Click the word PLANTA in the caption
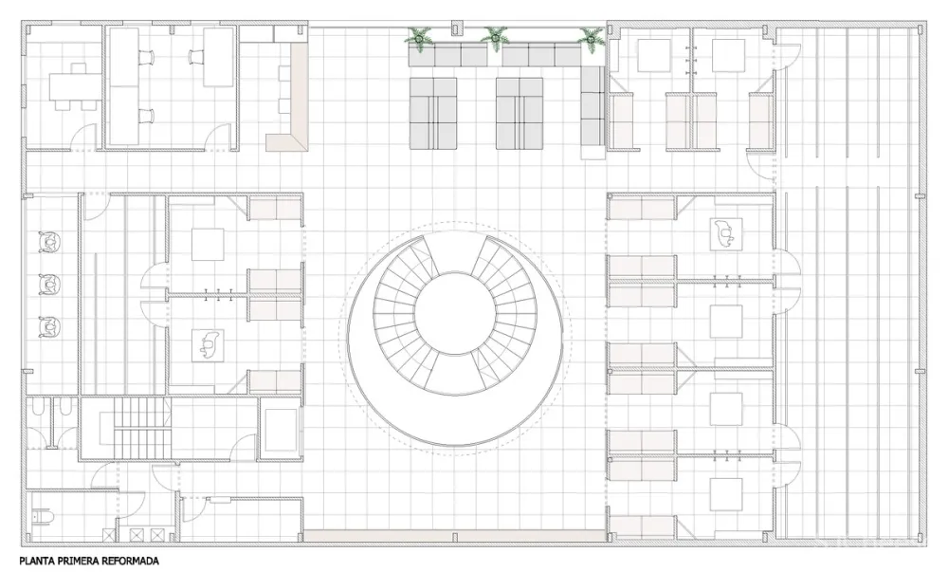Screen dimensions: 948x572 [x=34, y=561]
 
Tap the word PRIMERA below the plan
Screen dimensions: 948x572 [x=71, y=561]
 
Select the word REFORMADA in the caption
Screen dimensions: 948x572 [x=125, y=561]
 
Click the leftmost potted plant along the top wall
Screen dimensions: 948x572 [x=418, y=37]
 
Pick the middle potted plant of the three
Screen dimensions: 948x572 [x=495, y=37]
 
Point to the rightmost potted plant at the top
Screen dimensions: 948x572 [x=590, y=38]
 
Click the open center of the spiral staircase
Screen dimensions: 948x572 [x=455, y=313]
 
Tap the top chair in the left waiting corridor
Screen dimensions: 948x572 [x=50, y=243]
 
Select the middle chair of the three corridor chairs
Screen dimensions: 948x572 [x=50, y=285]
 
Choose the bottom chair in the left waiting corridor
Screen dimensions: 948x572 [x=50, y=326]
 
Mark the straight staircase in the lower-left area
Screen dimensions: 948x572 [x=140, y=428]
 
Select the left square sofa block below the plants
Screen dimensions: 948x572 [x=433, y=113]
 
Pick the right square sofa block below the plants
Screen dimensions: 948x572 [x=520, y=113]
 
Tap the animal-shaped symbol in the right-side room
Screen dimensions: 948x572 [x=726, y=232]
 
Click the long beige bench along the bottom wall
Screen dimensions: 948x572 [x=455, y=535]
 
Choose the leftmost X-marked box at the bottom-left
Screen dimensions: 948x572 [x=109, y=534]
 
